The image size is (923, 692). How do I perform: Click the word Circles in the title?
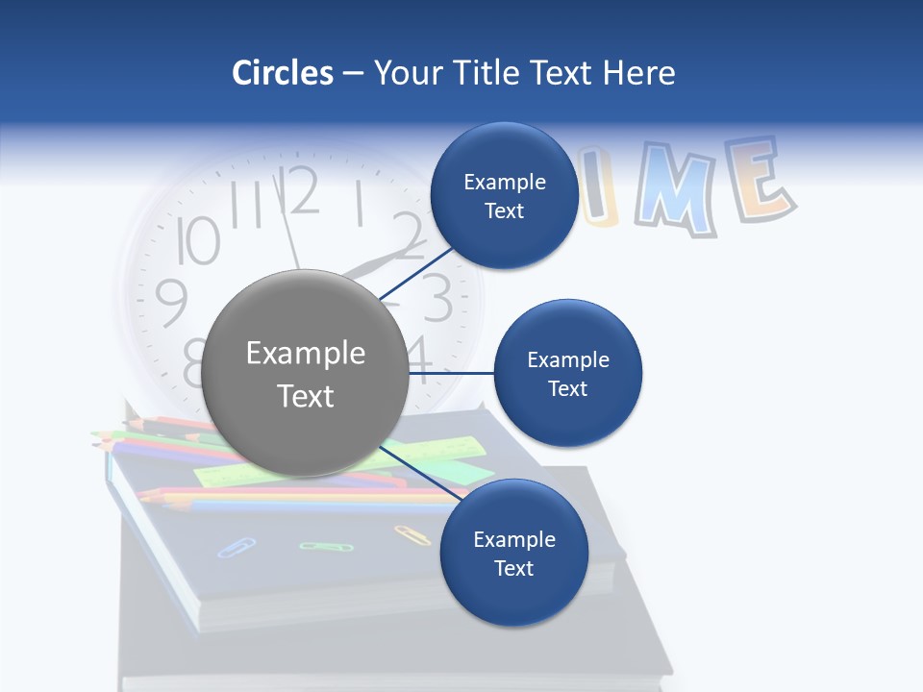click(282, 73)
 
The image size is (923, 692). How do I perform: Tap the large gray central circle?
click(305, 374)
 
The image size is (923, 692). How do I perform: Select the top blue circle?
click(504, 195)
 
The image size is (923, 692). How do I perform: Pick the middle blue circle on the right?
click(567, 373)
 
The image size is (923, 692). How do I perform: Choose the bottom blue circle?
click(513, 553)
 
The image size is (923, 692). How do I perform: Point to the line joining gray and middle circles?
click(452, 373)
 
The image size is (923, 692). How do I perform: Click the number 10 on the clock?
click(199, 240)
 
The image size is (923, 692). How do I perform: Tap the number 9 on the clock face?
click(171, 303)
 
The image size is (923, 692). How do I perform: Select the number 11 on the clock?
click(248, 205)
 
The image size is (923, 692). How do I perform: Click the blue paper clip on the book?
click(236, 547)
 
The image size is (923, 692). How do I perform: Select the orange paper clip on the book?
click(412, 534)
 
